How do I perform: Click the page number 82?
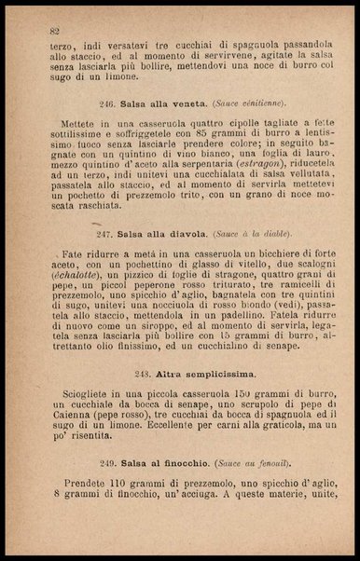55,31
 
